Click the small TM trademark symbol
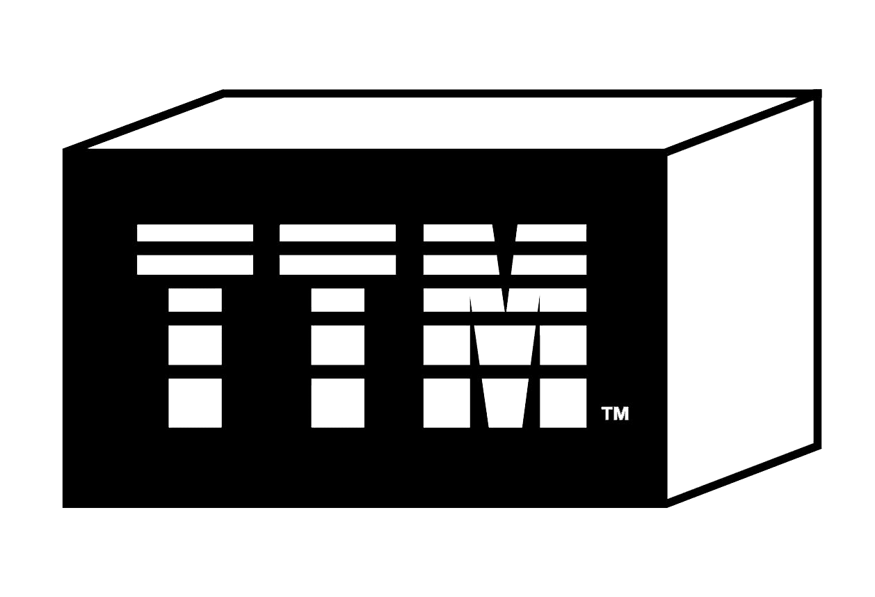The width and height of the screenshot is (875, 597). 615,414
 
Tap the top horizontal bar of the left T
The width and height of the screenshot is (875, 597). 195,232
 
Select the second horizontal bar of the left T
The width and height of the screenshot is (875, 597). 195,265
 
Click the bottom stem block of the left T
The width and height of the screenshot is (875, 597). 195,402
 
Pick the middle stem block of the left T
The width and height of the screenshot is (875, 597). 195,344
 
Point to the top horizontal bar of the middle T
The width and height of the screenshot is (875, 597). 337,232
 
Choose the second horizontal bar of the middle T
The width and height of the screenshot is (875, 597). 337,265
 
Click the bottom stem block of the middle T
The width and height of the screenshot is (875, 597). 337,402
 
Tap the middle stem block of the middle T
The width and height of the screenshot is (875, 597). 337,344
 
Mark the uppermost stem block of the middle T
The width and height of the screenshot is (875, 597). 337,300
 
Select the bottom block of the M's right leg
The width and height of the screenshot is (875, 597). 563,402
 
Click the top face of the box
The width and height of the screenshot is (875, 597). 445,122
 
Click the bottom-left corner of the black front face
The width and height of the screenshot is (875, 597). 64,507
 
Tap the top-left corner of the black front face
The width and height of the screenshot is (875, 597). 64,149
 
